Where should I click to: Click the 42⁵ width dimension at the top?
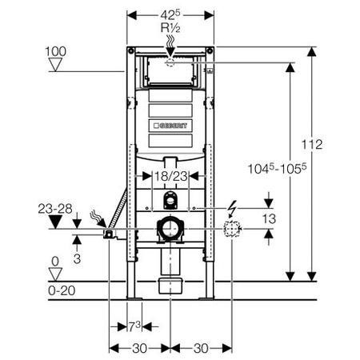pyautogui.click(x=170, y=15)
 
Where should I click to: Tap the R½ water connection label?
pyautogui.click(x=170, y=28)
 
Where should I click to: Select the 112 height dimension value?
pyautogui.click(x=312, y=145)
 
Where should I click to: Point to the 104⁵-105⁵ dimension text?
pyautogui.click(x=278, y=169)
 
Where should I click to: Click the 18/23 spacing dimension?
pyautogui.click(x=171, y=176)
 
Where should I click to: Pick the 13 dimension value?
pyautogui.click(x=269, y=219)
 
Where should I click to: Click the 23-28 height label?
pyautogui.click(x=55, y=209)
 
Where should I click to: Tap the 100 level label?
pyautogui.click(x=55, y=51)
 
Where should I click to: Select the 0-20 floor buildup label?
pyautogui.click(x=62, y=290)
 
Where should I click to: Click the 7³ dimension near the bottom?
pyautogui.click(x=134, y=326)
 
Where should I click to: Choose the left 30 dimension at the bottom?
pyautogui.click(x=139, y=348)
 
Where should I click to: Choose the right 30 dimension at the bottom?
pyautogui.click(x=201, y=348)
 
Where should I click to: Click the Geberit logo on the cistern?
pyautogui.click(x=170, y=126)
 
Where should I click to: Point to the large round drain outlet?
pyautogui.click(x=170, y=229)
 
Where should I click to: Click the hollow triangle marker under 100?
pyautogui.click(x=55, y=65)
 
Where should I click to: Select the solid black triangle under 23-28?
pyautogui.click(x=55, y=222)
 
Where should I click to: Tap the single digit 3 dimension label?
pyautogui.click(x=77, y=258)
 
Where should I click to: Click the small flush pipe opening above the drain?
pyautogui.click(x=170, y=200)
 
